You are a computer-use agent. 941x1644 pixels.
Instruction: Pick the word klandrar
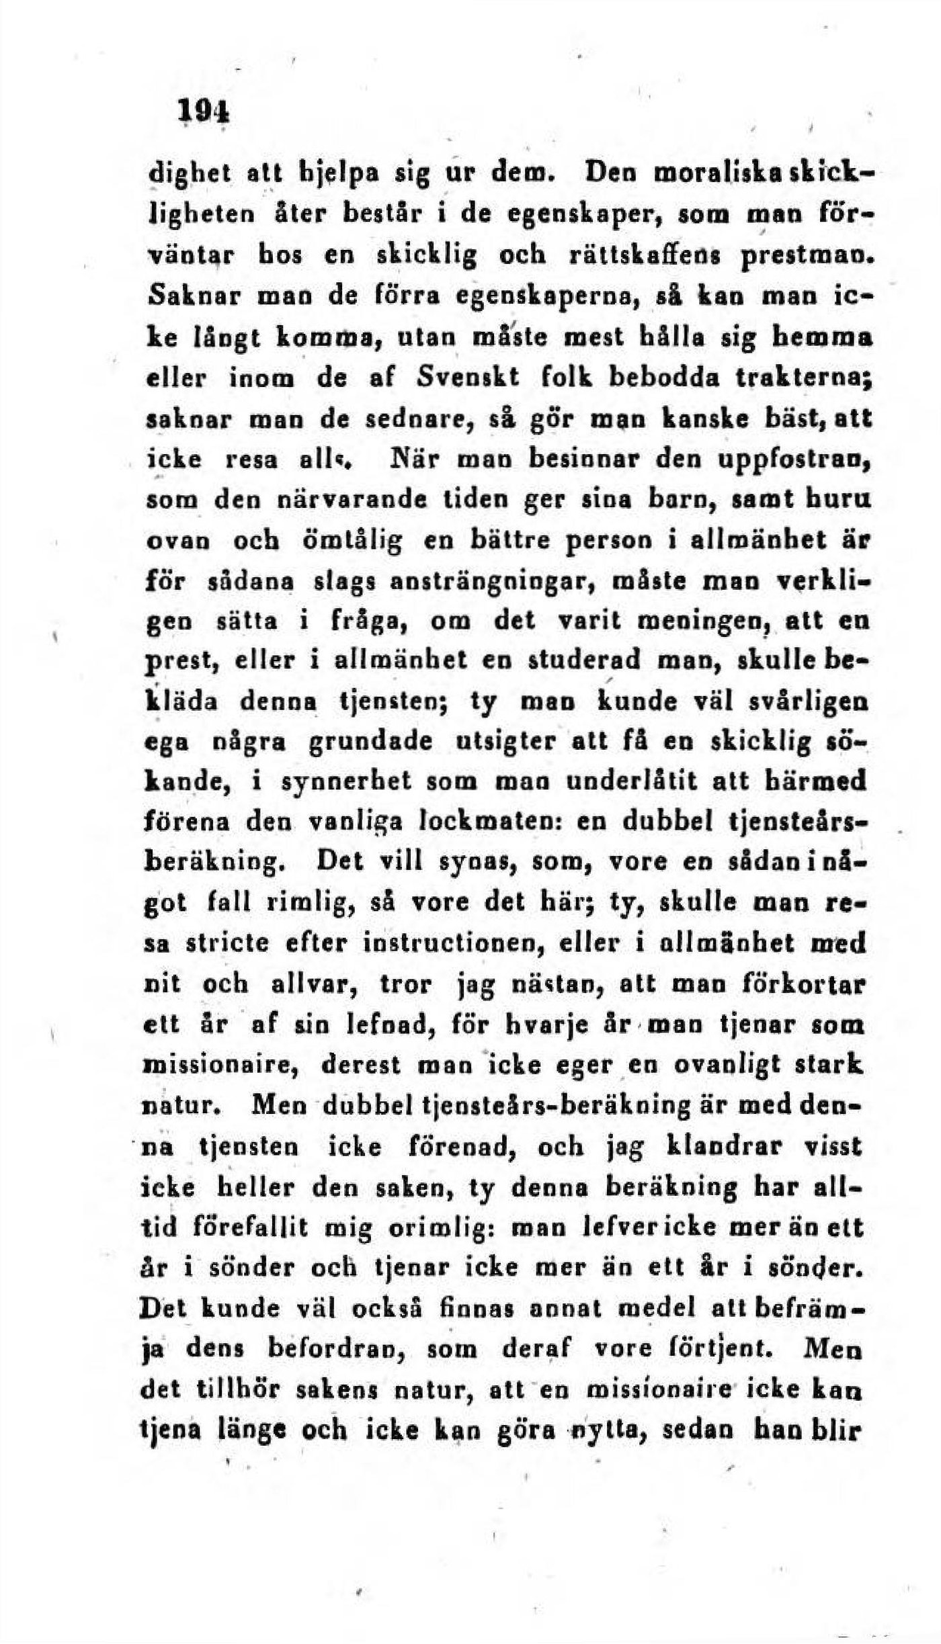[x=742, y=1145]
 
